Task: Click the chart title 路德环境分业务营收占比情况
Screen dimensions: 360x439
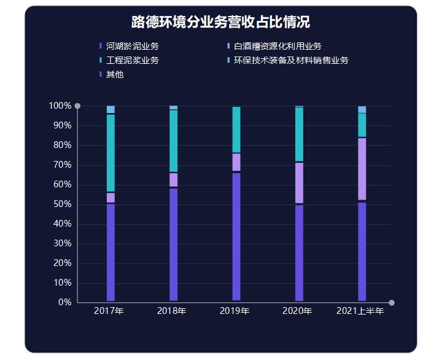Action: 220,22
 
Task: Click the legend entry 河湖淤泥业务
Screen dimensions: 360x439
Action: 133,46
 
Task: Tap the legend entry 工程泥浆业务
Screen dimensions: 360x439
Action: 133,60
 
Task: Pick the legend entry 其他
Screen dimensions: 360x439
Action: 115,74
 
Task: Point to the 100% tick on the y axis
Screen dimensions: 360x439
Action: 60,106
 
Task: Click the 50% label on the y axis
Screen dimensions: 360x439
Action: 62,204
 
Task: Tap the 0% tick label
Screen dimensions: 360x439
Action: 64,302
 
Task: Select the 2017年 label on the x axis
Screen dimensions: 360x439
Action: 109,311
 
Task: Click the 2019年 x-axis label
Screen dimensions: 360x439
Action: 235,311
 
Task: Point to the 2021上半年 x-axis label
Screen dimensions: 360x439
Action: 360,311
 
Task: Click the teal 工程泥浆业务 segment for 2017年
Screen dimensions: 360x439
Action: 111,153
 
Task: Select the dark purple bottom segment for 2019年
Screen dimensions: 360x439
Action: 236,237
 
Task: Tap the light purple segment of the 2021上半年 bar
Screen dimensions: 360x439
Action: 362,169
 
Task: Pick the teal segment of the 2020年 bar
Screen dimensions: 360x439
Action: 299,134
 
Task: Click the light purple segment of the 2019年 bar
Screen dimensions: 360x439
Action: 236,162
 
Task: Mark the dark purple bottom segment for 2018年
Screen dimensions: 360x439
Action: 174,245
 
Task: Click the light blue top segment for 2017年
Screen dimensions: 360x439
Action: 111,109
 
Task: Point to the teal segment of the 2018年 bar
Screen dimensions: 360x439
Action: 174,141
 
